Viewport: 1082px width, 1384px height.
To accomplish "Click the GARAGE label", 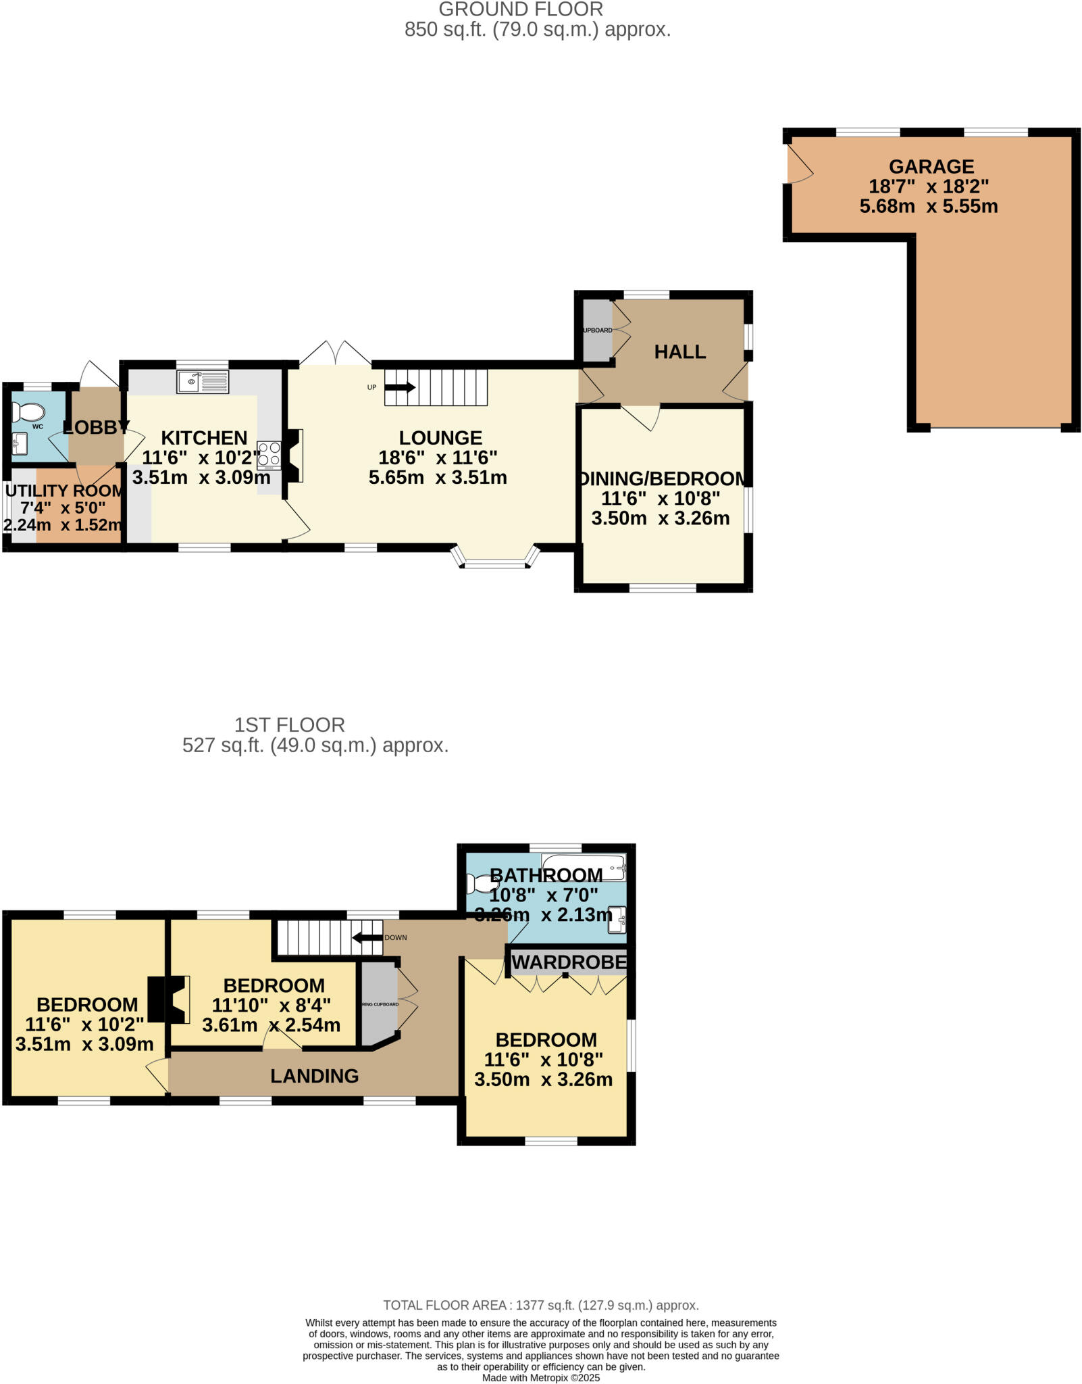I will (931, 166).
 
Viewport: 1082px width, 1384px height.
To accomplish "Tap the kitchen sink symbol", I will (203, 382).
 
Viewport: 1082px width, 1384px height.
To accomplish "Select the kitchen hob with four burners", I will (269, 454).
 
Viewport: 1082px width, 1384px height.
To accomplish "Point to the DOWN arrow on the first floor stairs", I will (367, 937).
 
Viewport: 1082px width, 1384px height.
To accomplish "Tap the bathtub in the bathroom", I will (584, 866).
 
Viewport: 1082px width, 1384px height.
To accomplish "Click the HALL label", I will (679, 351).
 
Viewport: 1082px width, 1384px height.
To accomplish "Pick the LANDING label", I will (314, 1076).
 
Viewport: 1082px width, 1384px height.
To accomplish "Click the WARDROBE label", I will (569, 962).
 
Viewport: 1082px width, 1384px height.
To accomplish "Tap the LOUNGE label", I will (440, 437).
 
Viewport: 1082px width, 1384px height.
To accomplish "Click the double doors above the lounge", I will (335, 353).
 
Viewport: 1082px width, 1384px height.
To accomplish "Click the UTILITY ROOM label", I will (64, 491).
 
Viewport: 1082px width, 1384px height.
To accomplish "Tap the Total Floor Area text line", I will (540, 1305).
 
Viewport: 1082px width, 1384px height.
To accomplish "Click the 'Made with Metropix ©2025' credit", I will (540, 1377).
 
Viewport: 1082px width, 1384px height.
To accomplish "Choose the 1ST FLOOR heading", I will (289, 725).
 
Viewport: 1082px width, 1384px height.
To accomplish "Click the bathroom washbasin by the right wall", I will (617, 918).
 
